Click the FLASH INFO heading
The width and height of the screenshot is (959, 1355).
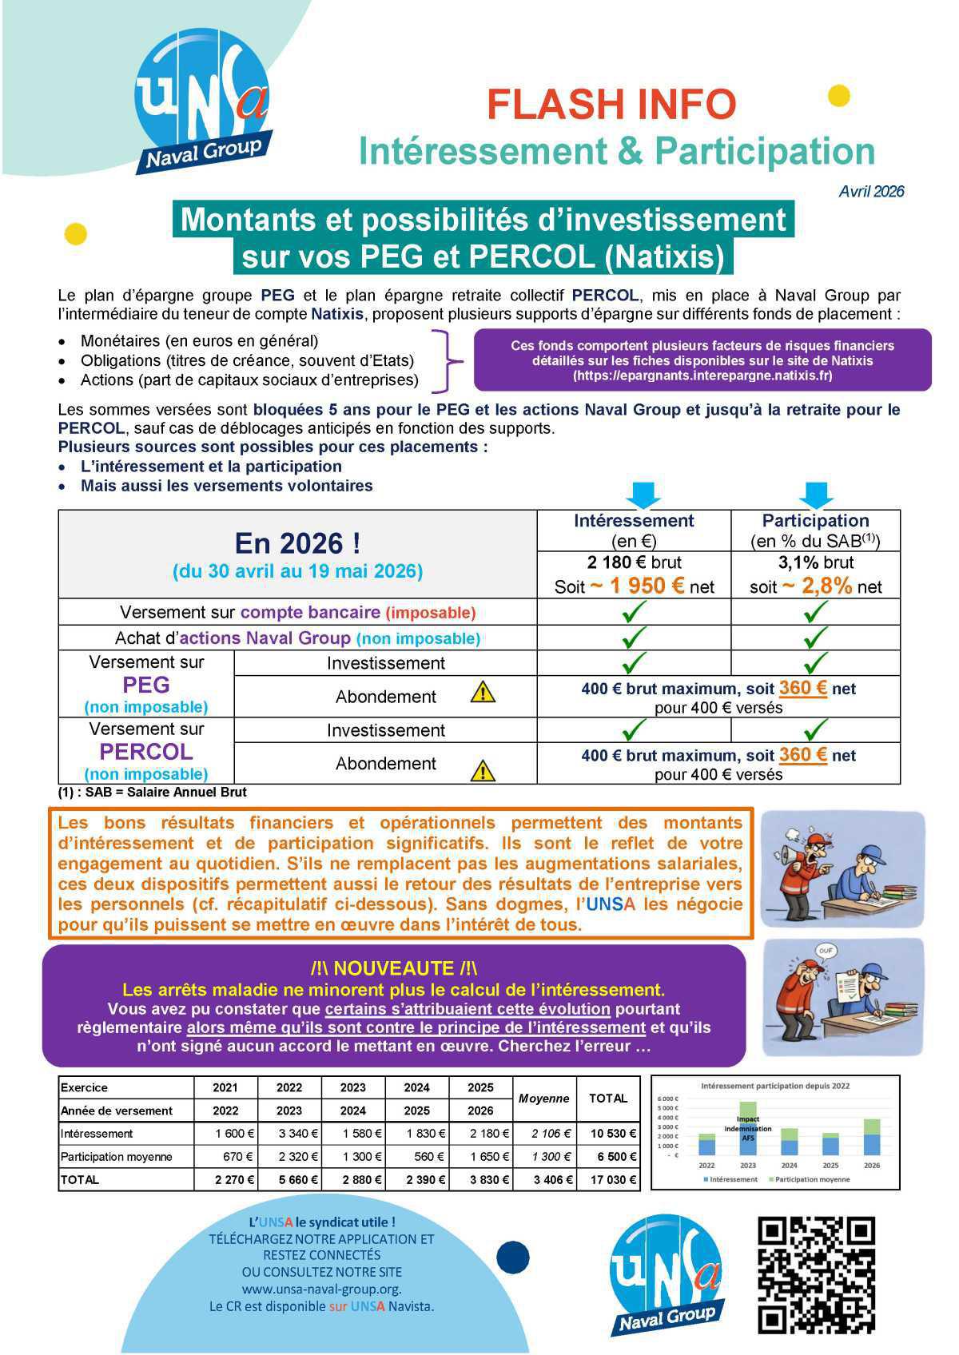point(611,105)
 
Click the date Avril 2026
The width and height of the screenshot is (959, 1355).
point(871,192)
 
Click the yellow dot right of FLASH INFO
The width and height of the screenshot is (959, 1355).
point(838,96)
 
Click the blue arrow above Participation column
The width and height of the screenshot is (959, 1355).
point(816,495)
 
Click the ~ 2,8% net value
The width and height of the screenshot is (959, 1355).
point(815,586)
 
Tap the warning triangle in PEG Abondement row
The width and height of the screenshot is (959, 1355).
point(483,693)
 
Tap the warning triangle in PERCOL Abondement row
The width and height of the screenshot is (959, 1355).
point(483,771)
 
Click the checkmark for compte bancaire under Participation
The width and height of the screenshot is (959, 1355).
point(815,612)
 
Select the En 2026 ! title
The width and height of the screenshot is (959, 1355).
point(297,544)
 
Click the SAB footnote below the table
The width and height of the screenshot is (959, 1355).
point(152,793)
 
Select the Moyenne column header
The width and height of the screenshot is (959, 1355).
point(543,1099)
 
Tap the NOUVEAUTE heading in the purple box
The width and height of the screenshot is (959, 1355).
point(393,968)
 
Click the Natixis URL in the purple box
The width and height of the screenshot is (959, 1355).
point(702,375)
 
